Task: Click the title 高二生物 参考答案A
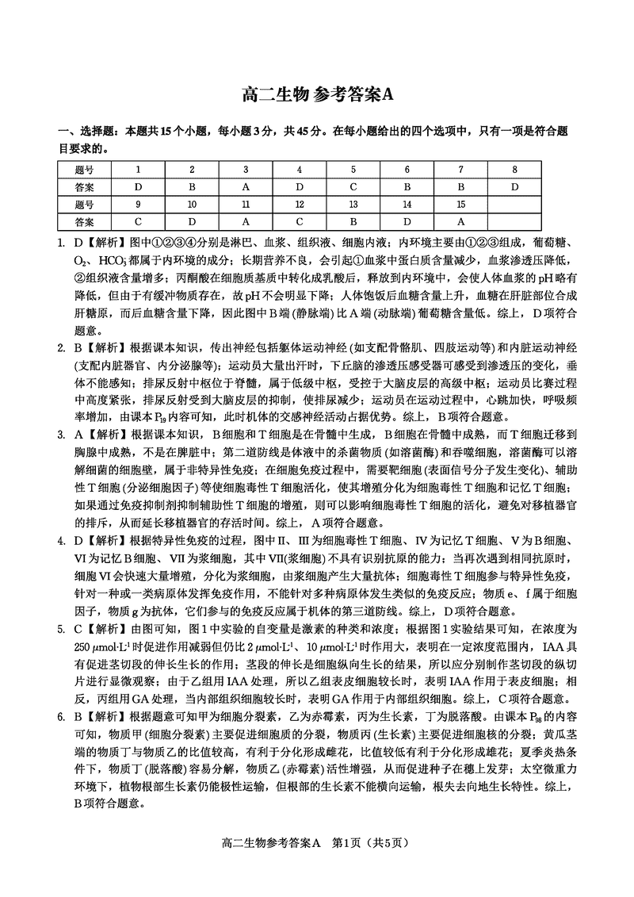pos(317,95)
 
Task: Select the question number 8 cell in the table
pos(514,170)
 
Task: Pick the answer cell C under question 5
pos(353,187)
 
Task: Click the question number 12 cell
pos(299,205)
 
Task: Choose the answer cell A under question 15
pos(460,222)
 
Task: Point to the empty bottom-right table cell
pos(514,222)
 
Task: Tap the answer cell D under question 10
pos(191,222)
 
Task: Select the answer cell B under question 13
pos(353,222)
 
